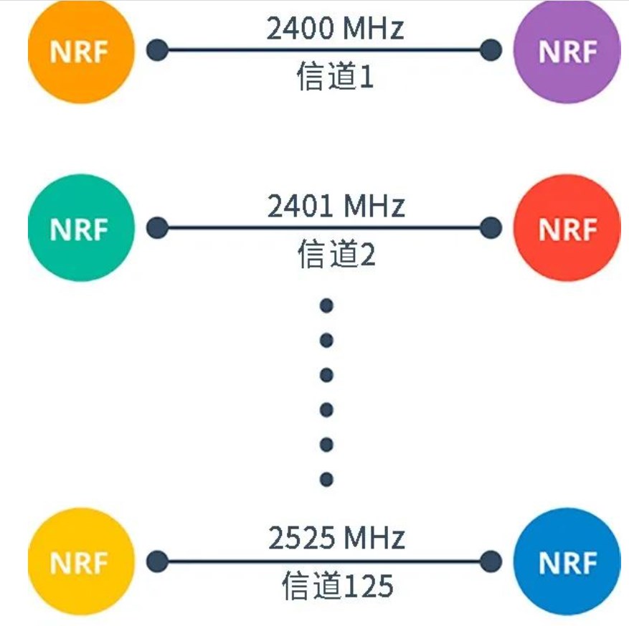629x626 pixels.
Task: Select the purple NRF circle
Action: pyautogui.click(x=567, y=51)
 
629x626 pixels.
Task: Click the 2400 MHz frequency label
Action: pyautogui.click(x=335, y=29)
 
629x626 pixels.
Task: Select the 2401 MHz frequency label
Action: pyautogui.click(x=336, y=207)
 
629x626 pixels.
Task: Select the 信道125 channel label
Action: pyautogui.click(x=337, y=586)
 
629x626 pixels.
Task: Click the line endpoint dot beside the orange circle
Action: pyautogui.click(x=157, y=50)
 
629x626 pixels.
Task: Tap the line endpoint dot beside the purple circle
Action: pyautogui.click(x=491, y=50)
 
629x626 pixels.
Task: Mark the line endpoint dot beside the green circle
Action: pyautogui.click(x=157, y=228)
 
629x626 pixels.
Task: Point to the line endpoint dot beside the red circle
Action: pyautogui.click(x=491, y=228)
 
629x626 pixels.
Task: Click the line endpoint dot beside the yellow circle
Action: pyautogui.click(x=157, y=561)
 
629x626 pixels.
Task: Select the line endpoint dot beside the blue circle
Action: pyautogui.click(x=491, y=561)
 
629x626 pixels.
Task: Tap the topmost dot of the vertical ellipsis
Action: pyautogui.click(x=326, y=306)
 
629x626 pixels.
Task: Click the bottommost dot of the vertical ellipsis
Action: pyautogui.click(x=326, y=478)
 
